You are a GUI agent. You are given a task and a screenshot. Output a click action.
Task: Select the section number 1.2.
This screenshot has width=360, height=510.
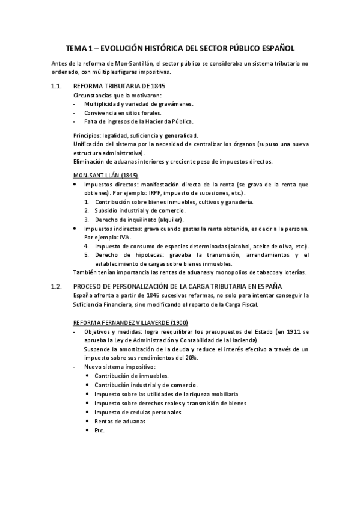coord(56,286)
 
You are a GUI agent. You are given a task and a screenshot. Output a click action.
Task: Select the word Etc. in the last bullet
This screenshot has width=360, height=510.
coord(100,430)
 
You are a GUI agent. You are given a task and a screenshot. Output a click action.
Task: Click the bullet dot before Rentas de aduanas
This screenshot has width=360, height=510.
coord(88,421)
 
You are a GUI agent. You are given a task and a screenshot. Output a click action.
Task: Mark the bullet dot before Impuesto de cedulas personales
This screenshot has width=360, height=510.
coord(88,412)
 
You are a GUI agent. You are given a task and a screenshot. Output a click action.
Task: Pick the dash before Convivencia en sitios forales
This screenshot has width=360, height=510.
coord(74,112)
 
